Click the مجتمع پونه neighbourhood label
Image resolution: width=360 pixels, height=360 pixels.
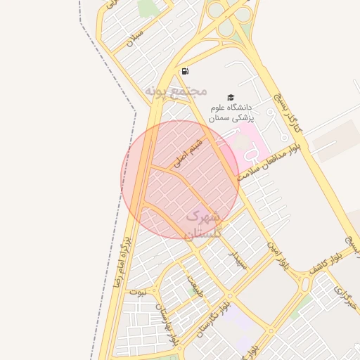click(175, 91)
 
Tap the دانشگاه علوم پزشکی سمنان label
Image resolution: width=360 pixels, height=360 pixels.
click(233, 112)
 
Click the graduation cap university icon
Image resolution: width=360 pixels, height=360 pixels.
click(231, 97)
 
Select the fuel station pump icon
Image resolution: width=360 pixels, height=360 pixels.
click(184, 71)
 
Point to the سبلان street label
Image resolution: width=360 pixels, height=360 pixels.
click(135, 38)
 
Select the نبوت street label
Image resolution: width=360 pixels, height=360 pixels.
click(143, 290)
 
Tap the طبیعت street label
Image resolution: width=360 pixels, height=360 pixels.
click(195, 285)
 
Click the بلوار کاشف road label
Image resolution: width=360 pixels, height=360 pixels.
click(326, 261)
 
